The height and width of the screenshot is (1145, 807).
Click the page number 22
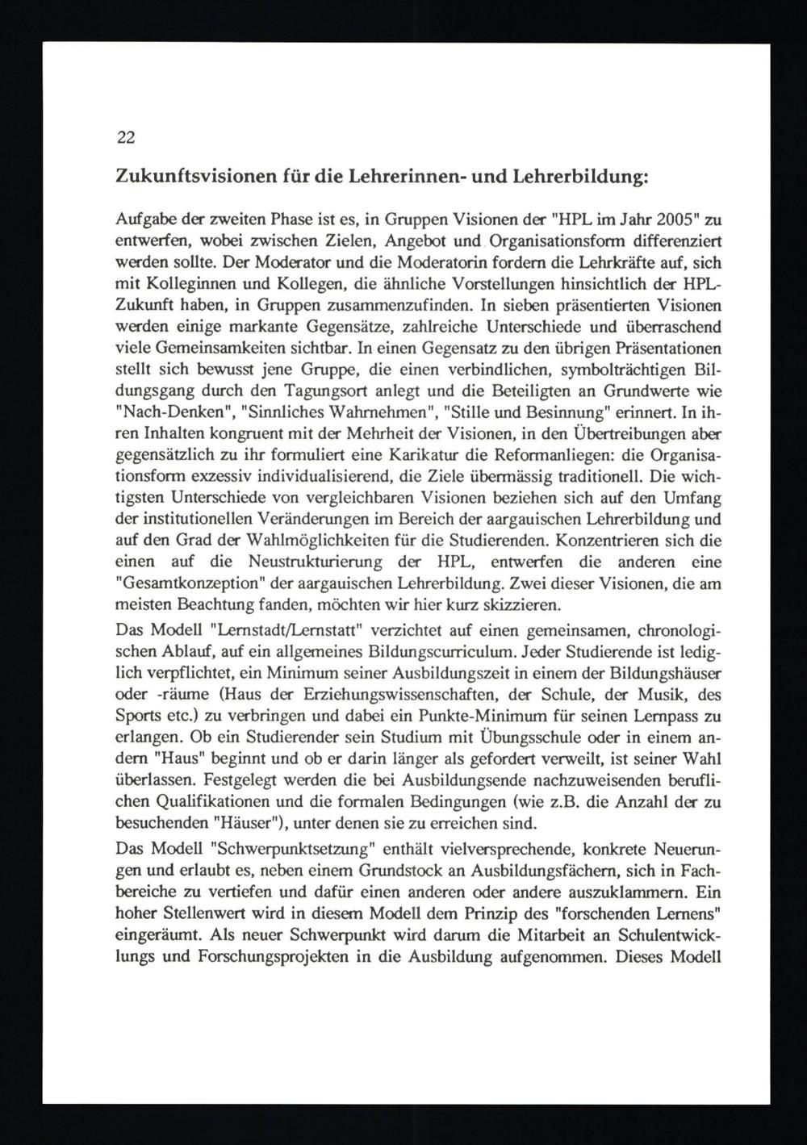pos(126,137)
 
